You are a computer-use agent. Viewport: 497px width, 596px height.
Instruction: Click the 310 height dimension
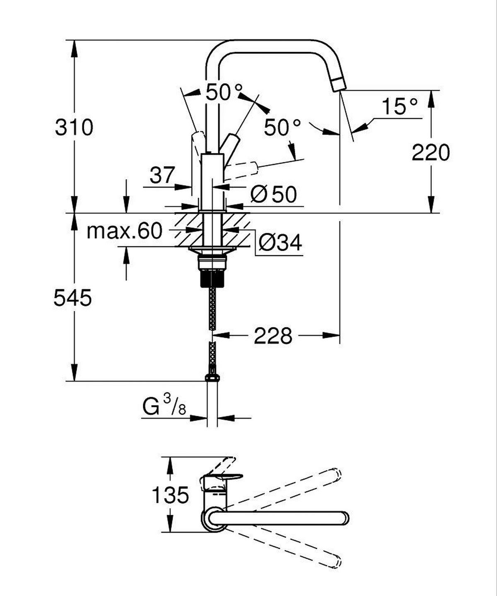[x=75, y=127]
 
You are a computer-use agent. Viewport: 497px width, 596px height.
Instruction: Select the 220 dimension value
[x=431, y=152]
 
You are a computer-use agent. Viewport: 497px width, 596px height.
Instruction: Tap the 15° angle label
[x=399, y=106]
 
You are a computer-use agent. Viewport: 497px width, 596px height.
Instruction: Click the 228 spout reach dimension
[x=273, y=335]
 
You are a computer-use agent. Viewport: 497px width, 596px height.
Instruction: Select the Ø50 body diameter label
[x=274, y=194]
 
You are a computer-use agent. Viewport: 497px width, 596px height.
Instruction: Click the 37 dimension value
[x=162, y=176]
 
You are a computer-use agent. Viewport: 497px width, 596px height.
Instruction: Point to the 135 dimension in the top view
[x=170, y=495]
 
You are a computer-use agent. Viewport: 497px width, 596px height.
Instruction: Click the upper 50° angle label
[x=224, y=92]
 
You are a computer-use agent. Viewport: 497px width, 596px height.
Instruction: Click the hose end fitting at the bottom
[x=212, y=377]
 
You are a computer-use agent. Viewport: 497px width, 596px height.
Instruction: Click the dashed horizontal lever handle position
[x=244, y=169]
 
